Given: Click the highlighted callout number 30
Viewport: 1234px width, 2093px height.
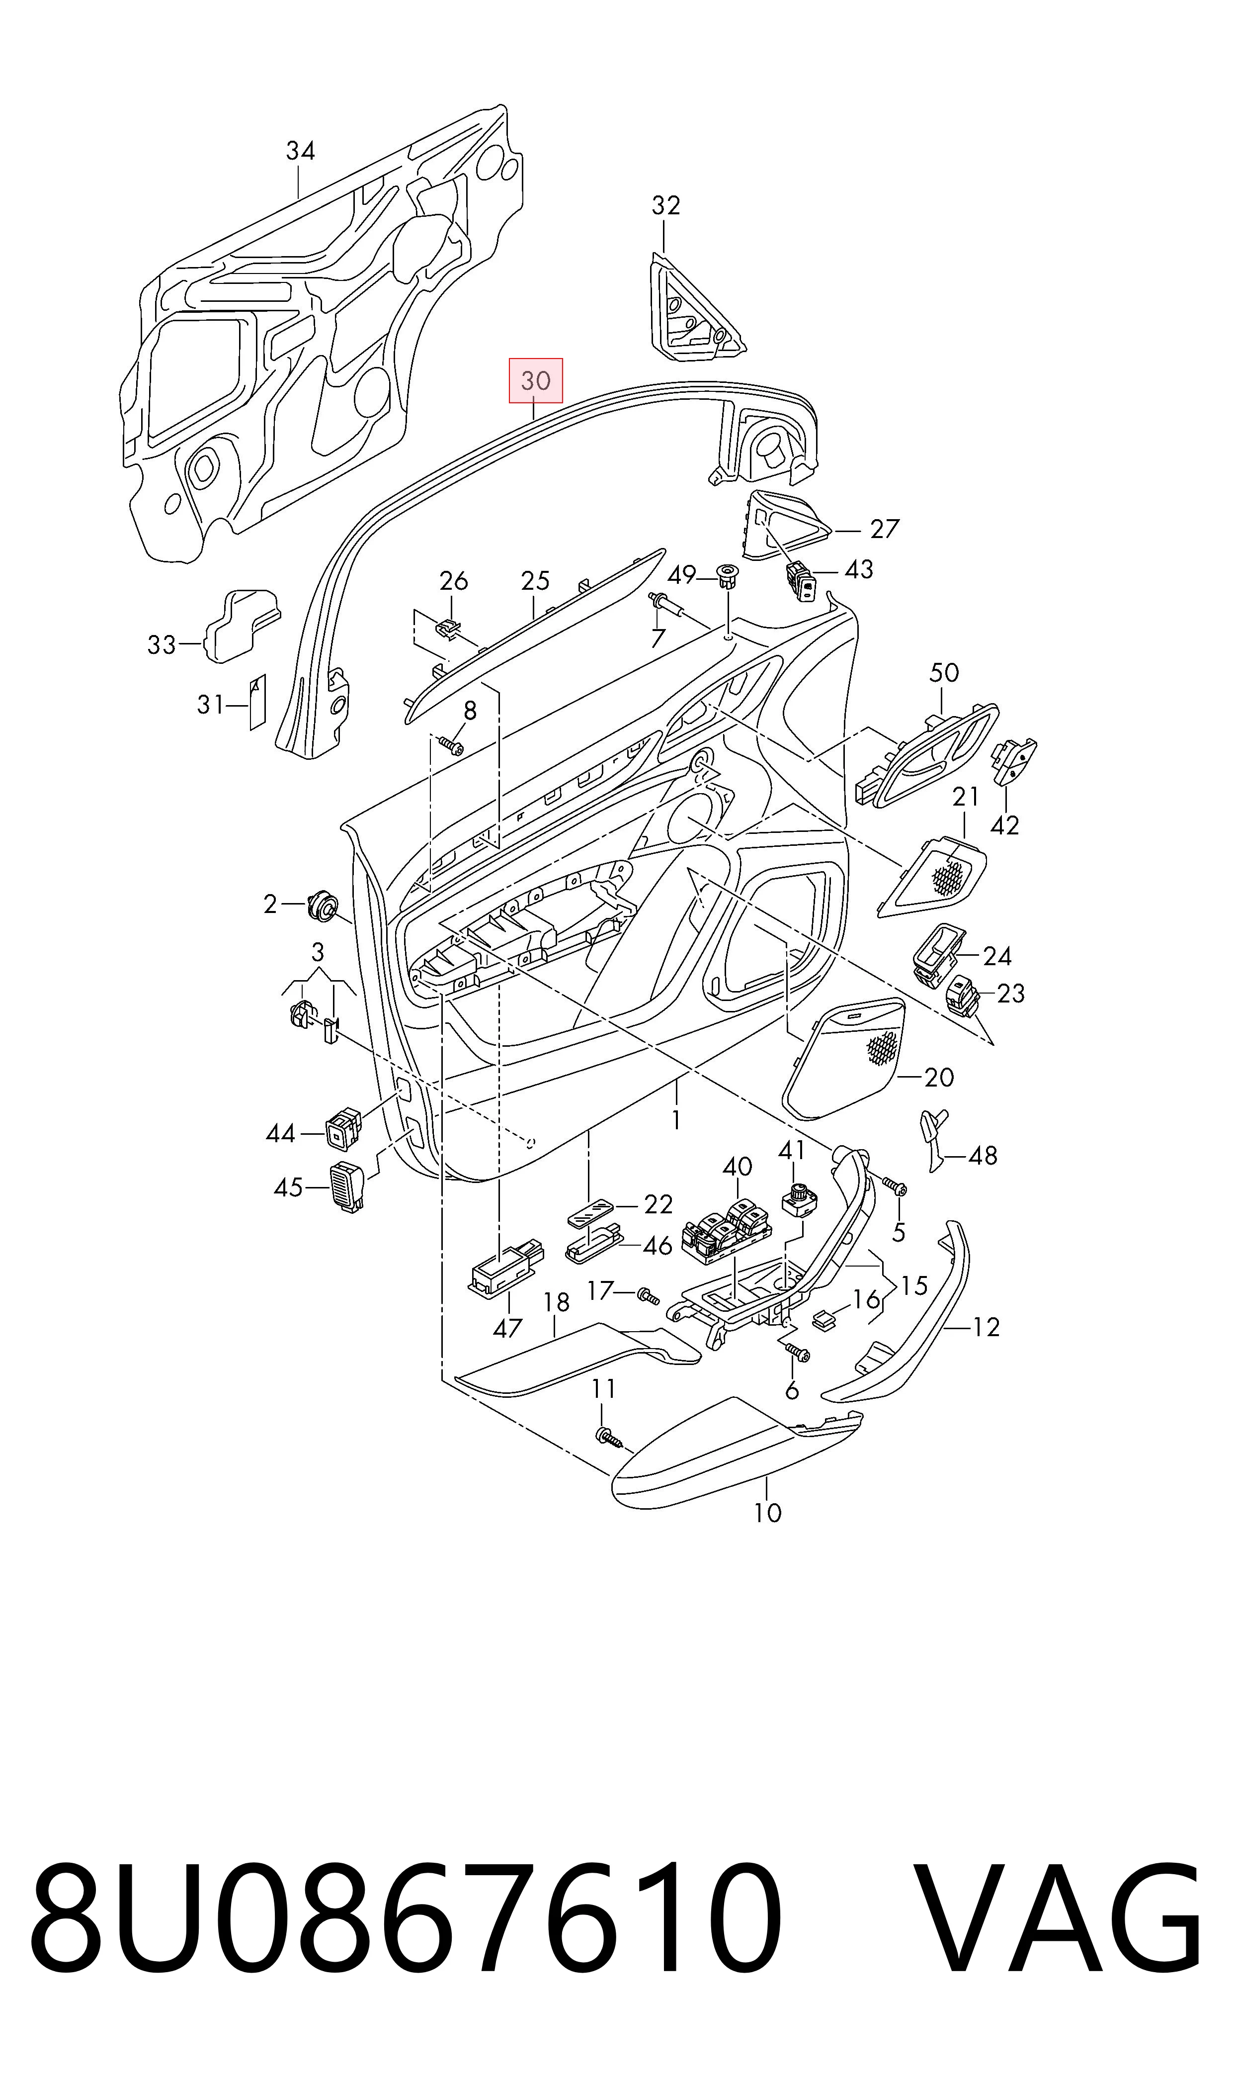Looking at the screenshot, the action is pyautogui.click(x=536, y=381).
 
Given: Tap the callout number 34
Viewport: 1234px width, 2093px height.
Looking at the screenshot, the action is pyautogui.click(x=300, y=151).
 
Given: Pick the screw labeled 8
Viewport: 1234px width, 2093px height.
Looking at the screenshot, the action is pyautogui.click(x=452, y=744).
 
